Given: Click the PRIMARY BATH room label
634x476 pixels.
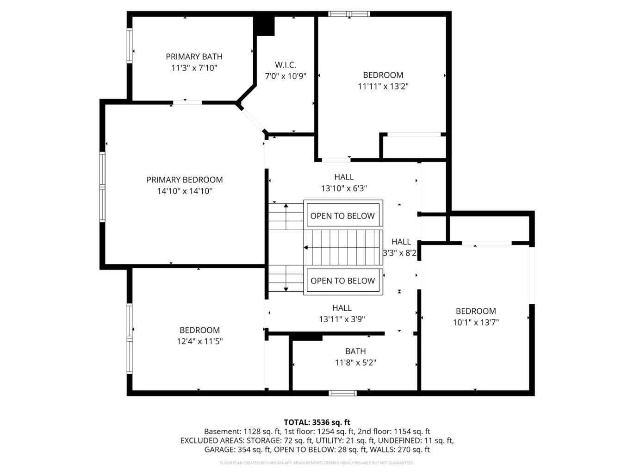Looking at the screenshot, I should [x=194, y=56].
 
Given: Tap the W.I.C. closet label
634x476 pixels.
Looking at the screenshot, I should [x=285, y=65].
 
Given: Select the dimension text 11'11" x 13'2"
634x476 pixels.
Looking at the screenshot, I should [x=383, y=86].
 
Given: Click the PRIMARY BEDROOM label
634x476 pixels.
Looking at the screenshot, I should [x=185, y=180].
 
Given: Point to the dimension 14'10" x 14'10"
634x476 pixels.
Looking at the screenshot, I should [x=185, y=191].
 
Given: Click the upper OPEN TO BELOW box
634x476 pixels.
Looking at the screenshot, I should [x=342, y=216].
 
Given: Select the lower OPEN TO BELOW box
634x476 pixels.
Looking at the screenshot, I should [x=342, y=281].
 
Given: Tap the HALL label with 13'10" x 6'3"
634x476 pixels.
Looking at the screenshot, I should [x=344, y=177].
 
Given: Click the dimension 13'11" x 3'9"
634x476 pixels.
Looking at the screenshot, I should [x=342, y=319].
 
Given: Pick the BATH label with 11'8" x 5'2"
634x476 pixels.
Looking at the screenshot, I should [x=355, y=351].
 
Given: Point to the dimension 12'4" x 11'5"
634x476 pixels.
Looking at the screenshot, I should [x=199, y=341].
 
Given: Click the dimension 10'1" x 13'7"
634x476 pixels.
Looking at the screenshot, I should [x=476, y=322].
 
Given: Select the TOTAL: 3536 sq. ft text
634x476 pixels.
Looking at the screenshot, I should [x=317, y=422].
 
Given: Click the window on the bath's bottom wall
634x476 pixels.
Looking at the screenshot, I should [x=342, y=393].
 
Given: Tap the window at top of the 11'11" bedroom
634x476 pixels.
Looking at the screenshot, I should [x=349, y=14].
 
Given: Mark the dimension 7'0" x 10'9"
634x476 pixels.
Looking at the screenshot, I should [x=285, y=76].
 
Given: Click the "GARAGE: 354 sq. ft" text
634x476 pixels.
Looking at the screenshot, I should [x=237, y=449].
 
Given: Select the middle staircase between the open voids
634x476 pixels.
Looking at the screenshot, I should [x=343, y=248].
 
